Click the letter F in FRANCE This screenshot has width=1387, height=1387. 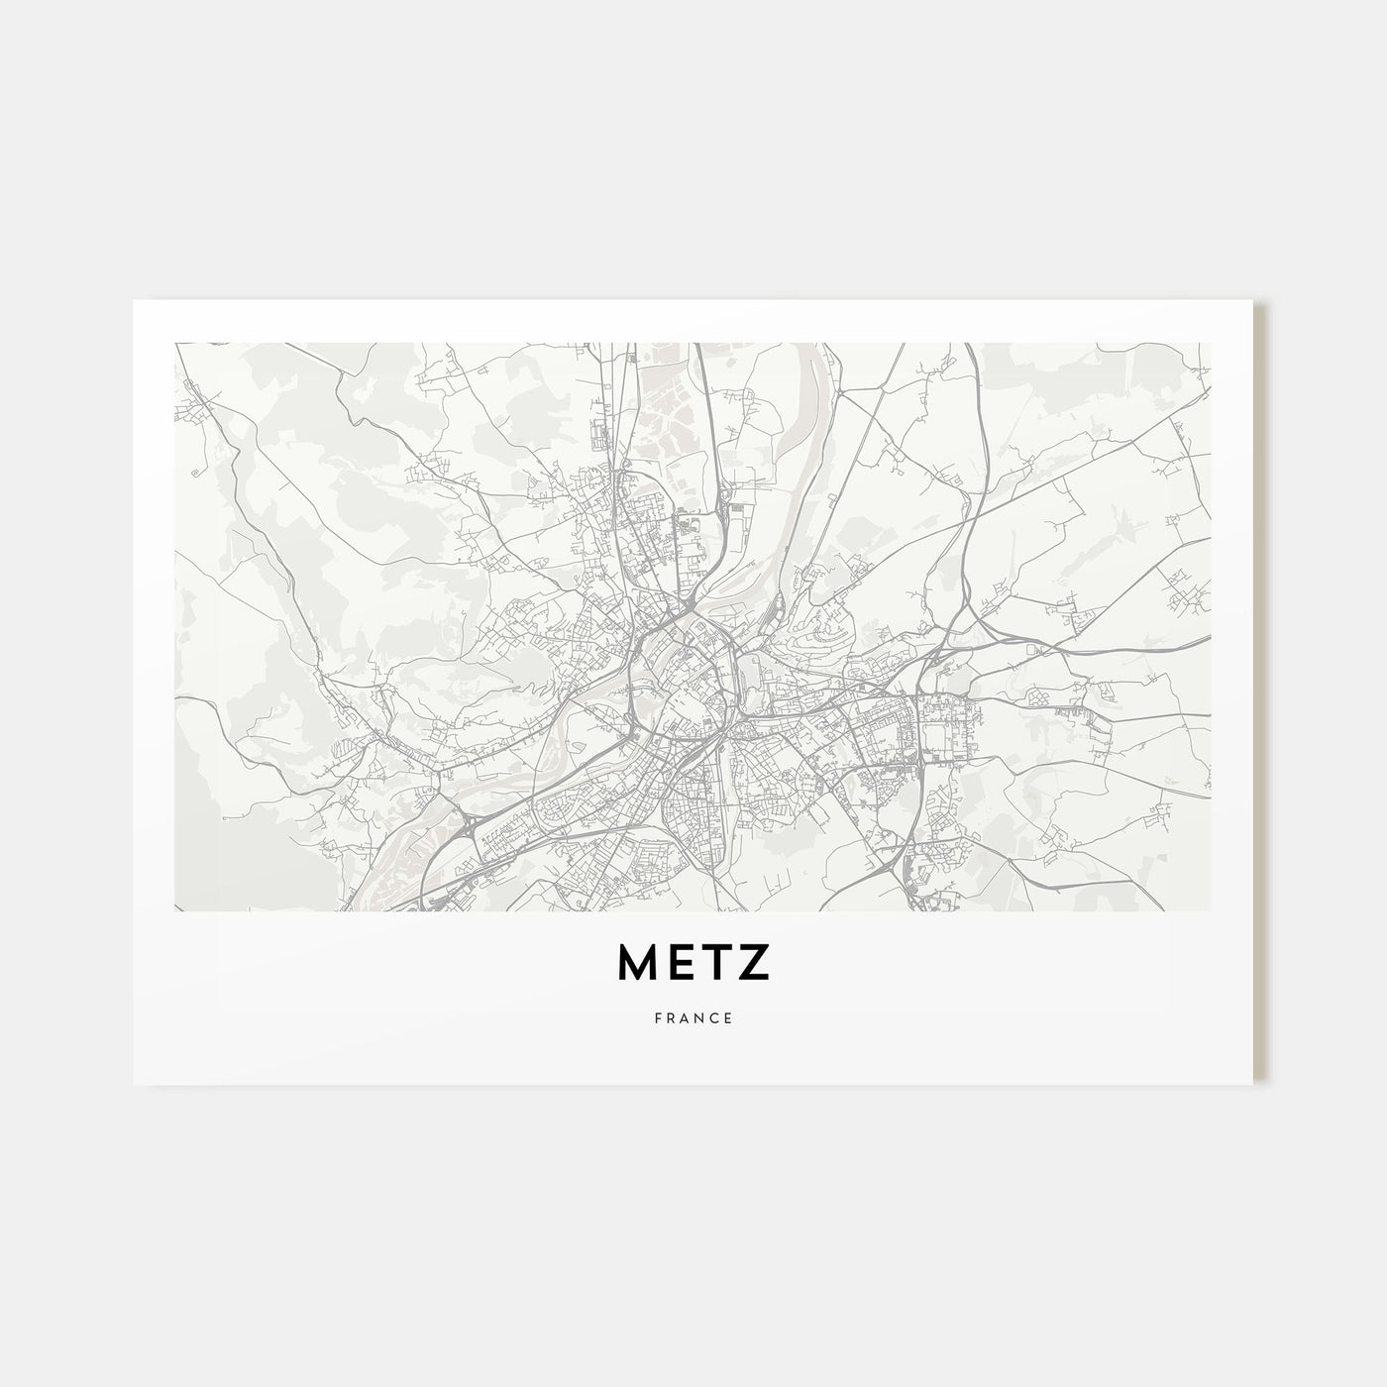[x=657, y=1017]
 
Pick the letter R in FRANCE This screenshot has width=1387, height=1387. [x=671, y=1017]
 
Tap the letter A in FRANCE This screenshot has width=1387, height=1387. [x=686, y=1017]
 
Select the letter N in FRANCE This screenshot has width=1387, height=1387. [x=700, y=1017]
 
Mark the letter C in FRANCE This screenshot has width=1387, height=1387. [x=715, y=1017]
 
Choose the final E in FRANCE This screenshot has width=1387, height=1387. [x=729, y=1017]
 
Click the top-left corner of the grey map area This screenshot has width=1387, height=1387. [x=175, y=344]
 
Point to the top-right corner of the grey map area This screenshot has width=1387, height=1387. [x=1210, y=344]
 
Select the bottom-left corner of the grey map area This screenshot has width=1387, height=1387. [x=175, y=910]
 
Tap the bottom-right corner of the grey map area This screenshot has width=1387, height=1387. [x=1210, y=910]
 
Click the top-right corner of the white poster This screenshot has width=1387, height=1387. [x=1253, y=300]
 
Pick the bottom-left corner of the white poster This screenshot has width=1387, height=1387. [x=134, y=1084]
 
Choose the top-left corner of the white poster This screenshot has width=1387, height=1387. [x=134, y=300]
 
